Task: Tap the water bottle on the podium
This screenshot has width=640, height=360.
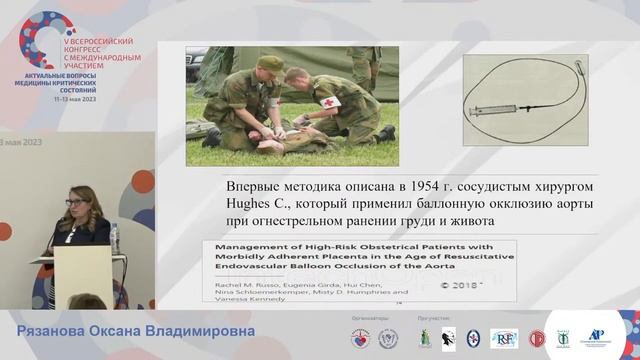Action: point(114,235)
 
